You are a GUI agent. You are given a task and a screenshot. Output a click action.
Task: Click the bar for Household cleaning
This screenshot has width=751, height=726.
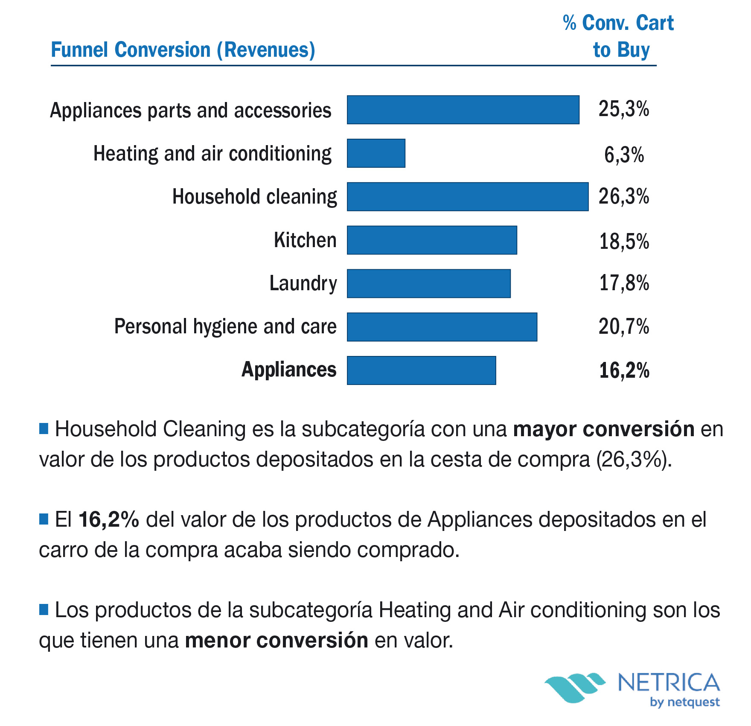point(467,197)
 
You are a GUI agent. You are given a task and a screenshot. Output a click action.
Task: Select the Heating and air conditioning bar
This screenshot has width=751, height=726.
point(376,153)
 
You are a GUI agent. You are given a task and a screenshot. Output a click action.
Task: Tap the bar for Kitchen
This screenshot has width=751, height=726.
point(432,240)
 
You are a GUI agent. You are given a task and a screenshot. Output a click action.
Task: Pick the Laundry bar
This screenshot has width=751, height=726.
point(428,283)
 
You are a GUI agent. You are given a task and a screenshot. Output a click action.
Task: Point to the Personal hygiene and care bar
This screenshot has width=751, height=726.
point(442,327)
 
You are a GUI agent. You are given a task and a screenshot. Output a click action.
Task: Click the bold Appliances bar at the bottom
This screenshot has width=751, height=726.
point(421,370)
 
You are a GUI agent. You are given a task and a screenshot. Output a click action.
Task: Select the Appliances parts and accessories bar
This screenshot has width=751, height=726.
point(463,110)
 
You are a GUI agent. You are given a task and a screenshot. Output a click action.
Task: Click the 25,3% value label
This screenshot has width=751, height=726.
point(623,109)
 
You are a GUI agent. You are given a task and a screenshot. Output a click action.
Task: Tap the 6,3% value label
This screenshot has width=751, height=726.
point(624,155)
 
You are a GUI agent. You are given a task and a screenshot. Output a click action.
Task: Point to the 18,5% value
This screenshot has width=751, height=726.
point(624,242)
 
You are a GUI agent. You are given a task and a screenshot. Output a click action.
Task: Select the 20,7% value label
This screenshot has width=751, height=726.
point(623,327)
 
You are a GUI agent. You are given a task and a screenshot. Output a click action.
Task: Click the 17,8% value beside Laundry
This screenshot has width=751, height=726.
point(624,283)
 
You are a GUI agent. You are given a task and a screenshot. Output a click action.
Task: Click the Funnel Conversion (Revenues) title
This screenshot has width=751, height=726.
point(183,50)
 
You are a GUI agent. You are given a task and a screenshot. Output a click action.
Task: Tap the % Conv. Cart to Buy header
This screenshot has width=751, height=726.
point(619,36)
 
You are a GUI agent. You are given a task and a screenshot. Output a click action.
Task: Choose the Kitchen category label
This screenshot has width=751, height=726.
point(305,240)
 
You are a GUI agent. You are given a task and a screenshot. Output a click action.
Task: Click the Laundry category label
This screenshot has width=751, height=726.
point(303,283)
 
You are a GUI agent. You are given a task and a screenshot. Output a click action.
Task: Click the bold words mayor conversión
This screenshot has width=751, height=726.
point(603,429)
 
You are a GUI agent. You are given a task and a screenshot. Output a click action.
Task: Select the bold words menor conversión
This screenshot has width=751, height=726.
point(277,640)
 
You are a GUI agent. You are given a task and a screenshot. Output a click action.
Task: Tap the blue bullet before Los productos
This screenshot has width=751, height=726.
point(44,609)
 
